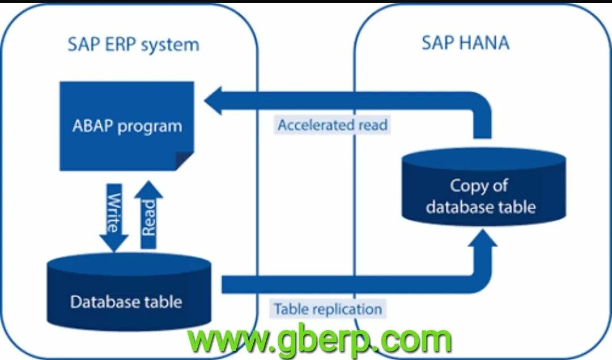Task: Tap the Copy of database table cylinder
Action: pyautogui.click(x=483, y=188)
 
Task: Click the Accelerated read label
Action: pyautogui.click(x=333, y=125)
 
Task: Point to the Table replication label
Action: pyautogui.click(x=328, y=310)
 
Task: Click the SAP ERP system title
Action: pyautogui.click(x=133, y=44)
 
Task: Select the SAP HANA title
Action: pyautogui.click(x=465, y=43)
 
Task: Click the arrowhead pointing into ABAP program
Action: pyautogui.click(x=214, y=101)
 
